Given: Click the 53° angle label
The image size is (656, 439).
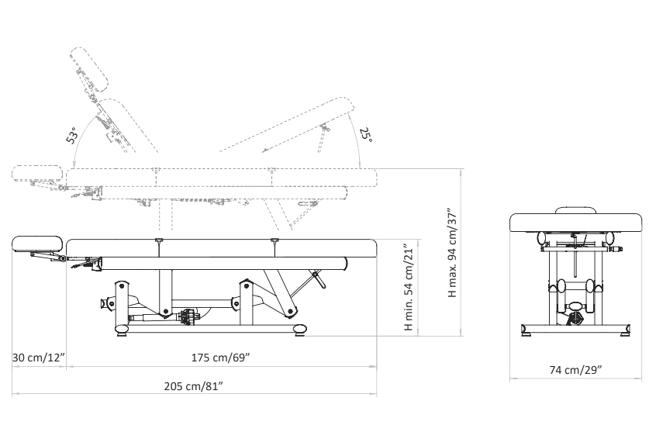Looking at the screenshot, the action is [72, 135].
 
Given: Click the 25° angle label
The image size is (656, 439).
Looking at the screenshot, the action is [366, 135].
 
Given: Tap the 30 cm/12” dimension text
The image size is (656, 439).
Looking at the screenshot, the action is [39, 358].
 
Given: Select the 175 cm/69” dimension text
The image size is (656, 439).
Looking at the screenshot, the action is [221, 358].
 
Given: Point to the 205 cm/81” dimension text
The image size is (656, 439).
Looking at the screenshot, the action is [193, 385].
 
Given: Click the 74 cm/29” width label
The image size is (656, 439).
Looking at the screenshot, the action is [575, 370].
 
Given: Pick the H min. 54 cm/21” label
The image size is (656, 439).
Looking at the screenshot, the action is [409, 289].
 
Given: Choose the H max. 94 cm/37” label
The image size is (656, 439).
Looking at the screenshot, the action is [453, 252].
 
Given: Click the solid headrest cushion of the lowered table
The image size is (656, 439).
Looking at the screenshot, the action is [37, 244].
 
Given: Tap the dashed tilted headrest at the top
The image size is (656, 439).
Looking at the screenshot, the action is [89, 70].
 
